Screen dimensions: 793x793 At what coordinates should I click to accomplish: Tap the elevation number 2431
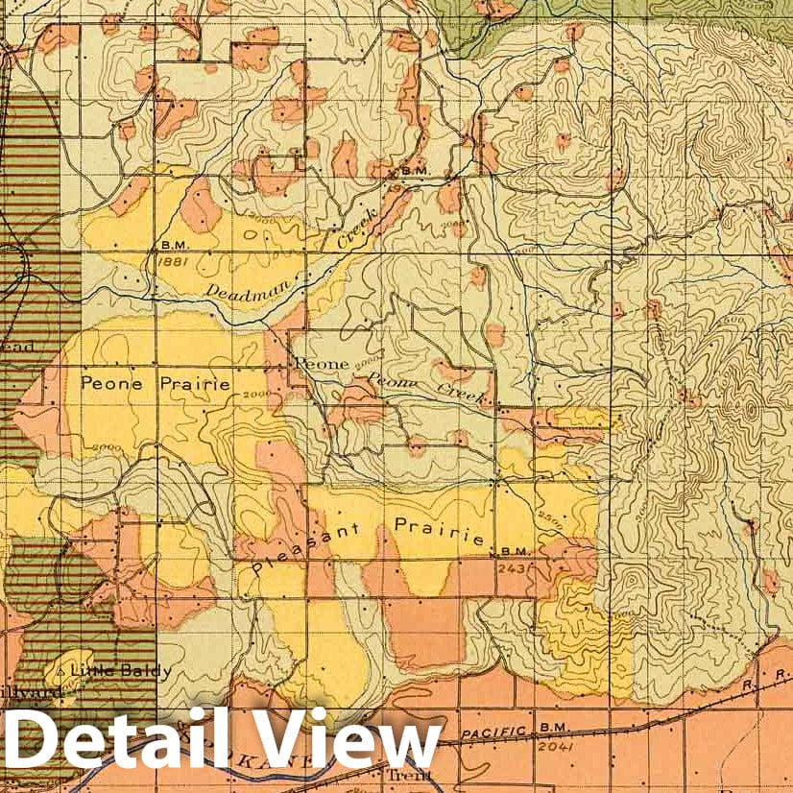514,566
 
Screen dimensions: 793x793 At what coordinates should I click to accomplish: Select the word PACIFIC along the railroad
493,733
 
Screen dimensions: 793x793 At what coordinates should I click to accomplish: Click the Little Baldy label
122,670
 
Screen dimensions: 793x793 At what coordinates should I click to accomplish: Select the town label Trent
397,775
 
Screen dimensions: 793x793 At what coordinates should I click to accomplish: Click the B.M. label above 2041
551,730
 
